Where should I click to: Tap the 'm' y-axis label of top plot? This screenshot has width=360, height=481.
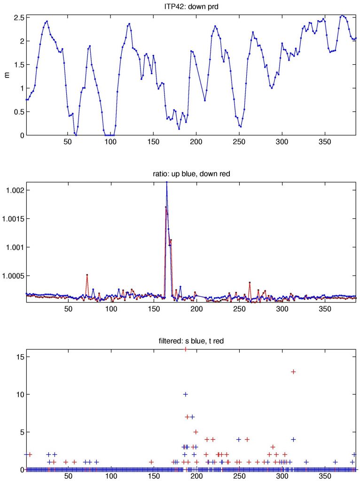(x=8, y=75)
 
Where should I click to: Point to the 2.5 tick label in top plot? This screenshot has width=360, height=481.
(x=18, y=17)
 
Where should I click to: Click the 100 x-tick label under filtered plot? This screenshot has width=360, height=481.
(x=111, y=476)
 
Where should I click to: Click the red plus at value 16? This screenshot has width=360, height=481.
(x=186, y=349)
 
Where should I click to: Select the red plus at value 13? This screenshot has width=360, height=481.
(x=293, y=372)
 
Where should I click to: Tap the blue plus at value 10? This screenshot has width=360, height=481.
(x=186, y=394)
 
